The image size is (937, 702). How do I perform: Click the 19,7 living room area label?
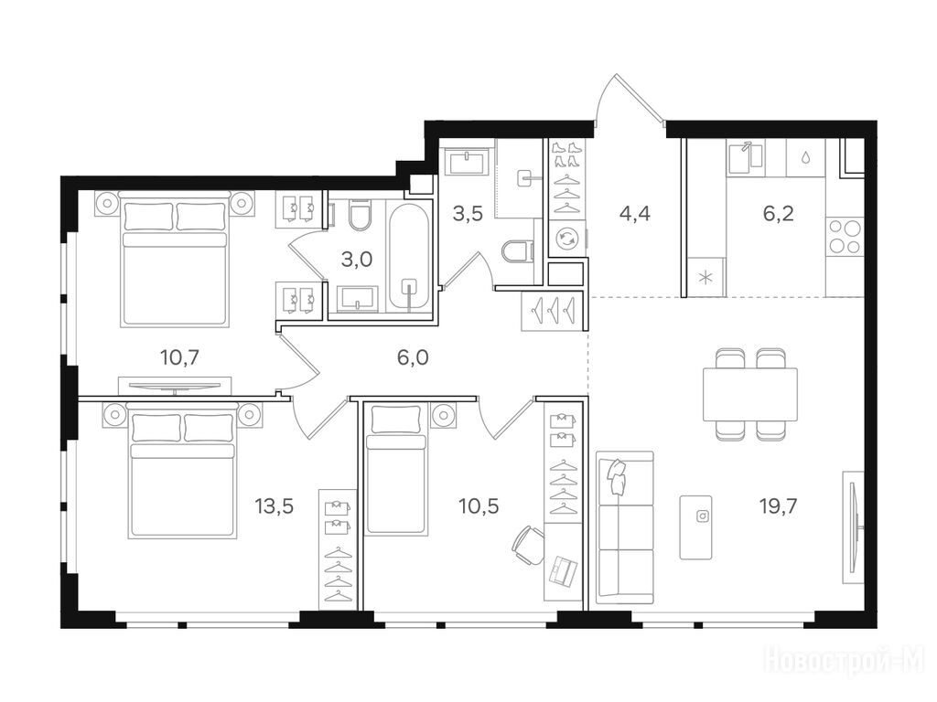click(778, 506)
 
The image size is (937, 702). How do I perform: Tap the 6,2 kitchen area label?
click(778, 213)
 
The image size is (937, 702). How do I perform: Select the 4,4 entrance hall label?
click(635, 213)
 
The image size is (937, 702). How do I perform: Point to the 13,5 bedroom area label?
click(275, 506)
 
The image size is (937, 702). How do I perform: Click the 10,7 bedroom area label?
click(180, 358)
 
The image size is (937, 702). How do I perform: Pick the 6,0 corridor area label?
click(413, 358)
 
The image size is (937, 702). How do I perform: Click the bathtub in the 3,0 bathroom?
click(409, 258)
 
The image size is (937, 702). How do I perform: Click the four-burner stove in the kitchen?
click(845, 237)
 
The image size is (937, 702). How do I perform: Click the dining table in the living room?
click(750, 395)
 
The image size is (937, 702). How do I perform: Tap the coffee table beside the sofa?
click(695, 527)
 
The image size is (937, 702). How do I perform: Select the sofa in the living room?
click(625, 524)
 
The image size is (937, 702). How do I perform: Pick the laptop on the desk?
click(564, 570)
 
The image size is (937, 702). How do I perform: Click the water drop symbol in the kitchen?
click(805, 157)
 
